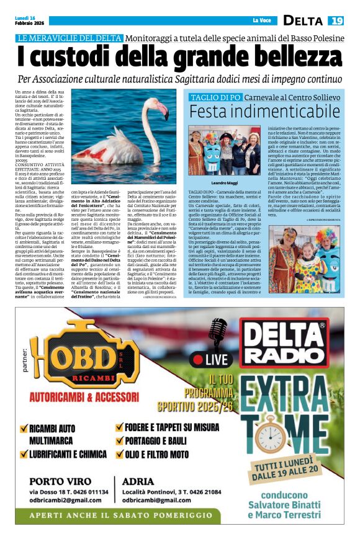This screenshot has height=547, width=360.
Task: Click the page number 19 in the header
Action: point(336,20)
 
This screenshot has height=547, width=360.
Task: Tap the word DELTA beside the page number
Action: point(303,20)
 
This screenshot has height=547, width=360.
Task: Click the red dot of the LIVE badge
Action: point(198,359)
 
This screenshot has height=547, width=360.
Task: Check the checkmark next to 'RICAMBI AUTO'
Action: point(24,429)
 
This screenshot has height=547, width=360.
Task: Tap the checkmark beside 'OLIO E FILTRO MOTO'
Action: point(120,453)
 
